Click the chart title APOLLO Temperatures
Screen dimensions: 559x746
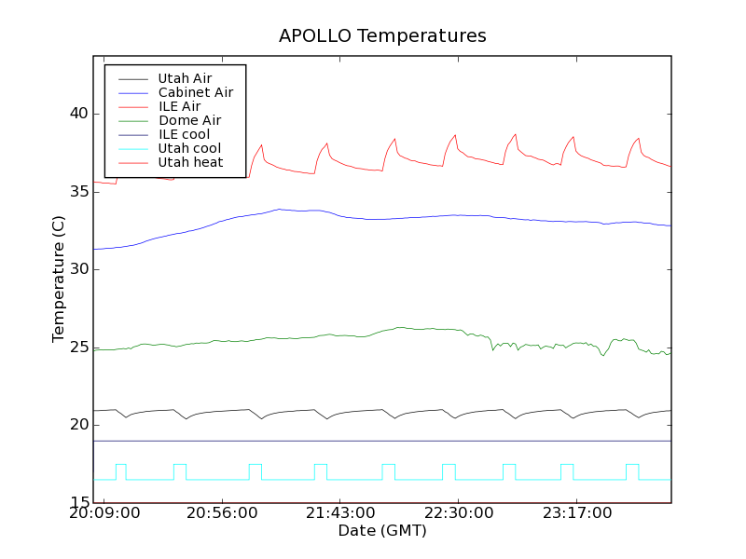click(x=382, y=36)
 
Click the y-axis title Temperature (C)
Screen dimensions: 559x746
click(x=59, y=278)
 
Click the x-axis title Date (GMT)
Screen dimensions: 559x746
click(x=382, y=531)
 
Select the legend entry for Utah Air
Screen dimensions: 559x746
click(x=185, y=78)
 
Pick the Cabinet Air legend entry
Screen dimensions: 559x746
click(x=196, y=92)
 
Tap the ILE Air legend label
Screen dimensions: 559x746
click(x=179, y=106)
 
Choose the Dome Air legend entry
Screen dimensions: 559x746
click(x=189, y=120)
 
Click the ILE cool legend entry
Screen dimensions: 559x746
click(x=184, y=134)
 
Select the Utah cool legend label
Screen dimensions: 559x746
click(x=189, y=148)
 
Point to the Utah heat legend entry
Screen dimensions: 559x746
click(x=189, y=162)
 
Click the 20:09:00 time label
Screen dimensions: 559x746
click(x=104, y=513)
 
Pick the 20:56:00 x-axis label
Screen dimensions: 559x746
click(x=222, y=513)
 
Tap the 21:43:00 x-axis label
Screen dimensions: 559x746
click(x=339, y=513)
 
